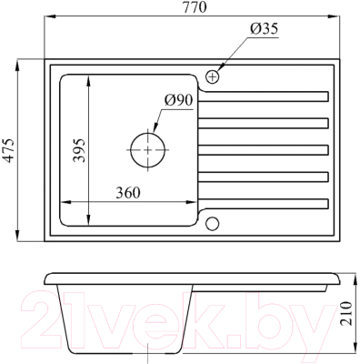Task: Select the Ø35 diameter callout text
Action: coord(263,28)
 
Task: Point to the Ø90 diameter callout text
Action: coord(178,100)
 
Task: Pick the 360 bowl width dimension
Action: coord(132,192)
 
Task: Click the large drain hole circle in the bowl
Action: coord(148,148)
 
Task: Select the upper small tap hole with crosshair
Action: coord(214,76)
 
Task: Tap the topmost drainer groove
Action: coord(264,95)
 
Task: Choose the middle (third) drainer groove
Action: coord(264,147)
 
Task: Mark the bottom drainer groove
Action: coord(264,202)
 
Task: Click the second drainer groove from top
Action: coord(264,121)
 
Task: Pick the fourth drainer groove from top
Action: coord(264,175)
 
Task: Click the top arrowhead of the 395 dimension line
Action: coord(89,79)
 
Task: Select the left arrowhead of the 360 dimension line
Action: coord(63,202)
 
